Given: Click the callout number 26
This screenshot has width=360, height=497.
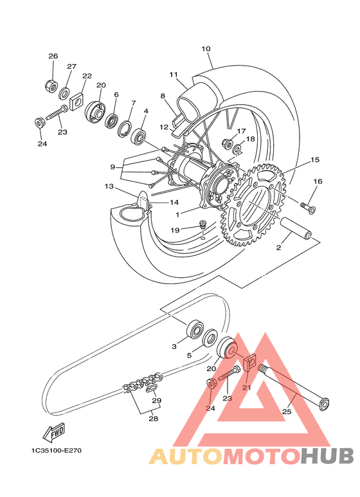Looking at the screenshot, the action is click(53, 56).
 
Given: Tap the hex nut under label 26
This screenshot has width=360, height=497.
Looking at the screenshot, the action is click(50, 85).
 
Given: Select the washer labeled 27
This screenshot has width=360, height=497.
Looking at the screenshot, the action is click(65, 93).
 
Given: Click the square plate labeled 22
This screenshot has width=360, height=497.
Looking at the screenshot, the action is click(76, 101).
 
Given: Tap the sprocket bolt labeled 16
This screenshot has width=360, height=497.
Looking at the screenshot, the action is click(307, 208).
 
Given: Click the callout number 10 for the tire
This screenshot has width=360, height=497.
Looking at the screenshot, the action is click(206, 49).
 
